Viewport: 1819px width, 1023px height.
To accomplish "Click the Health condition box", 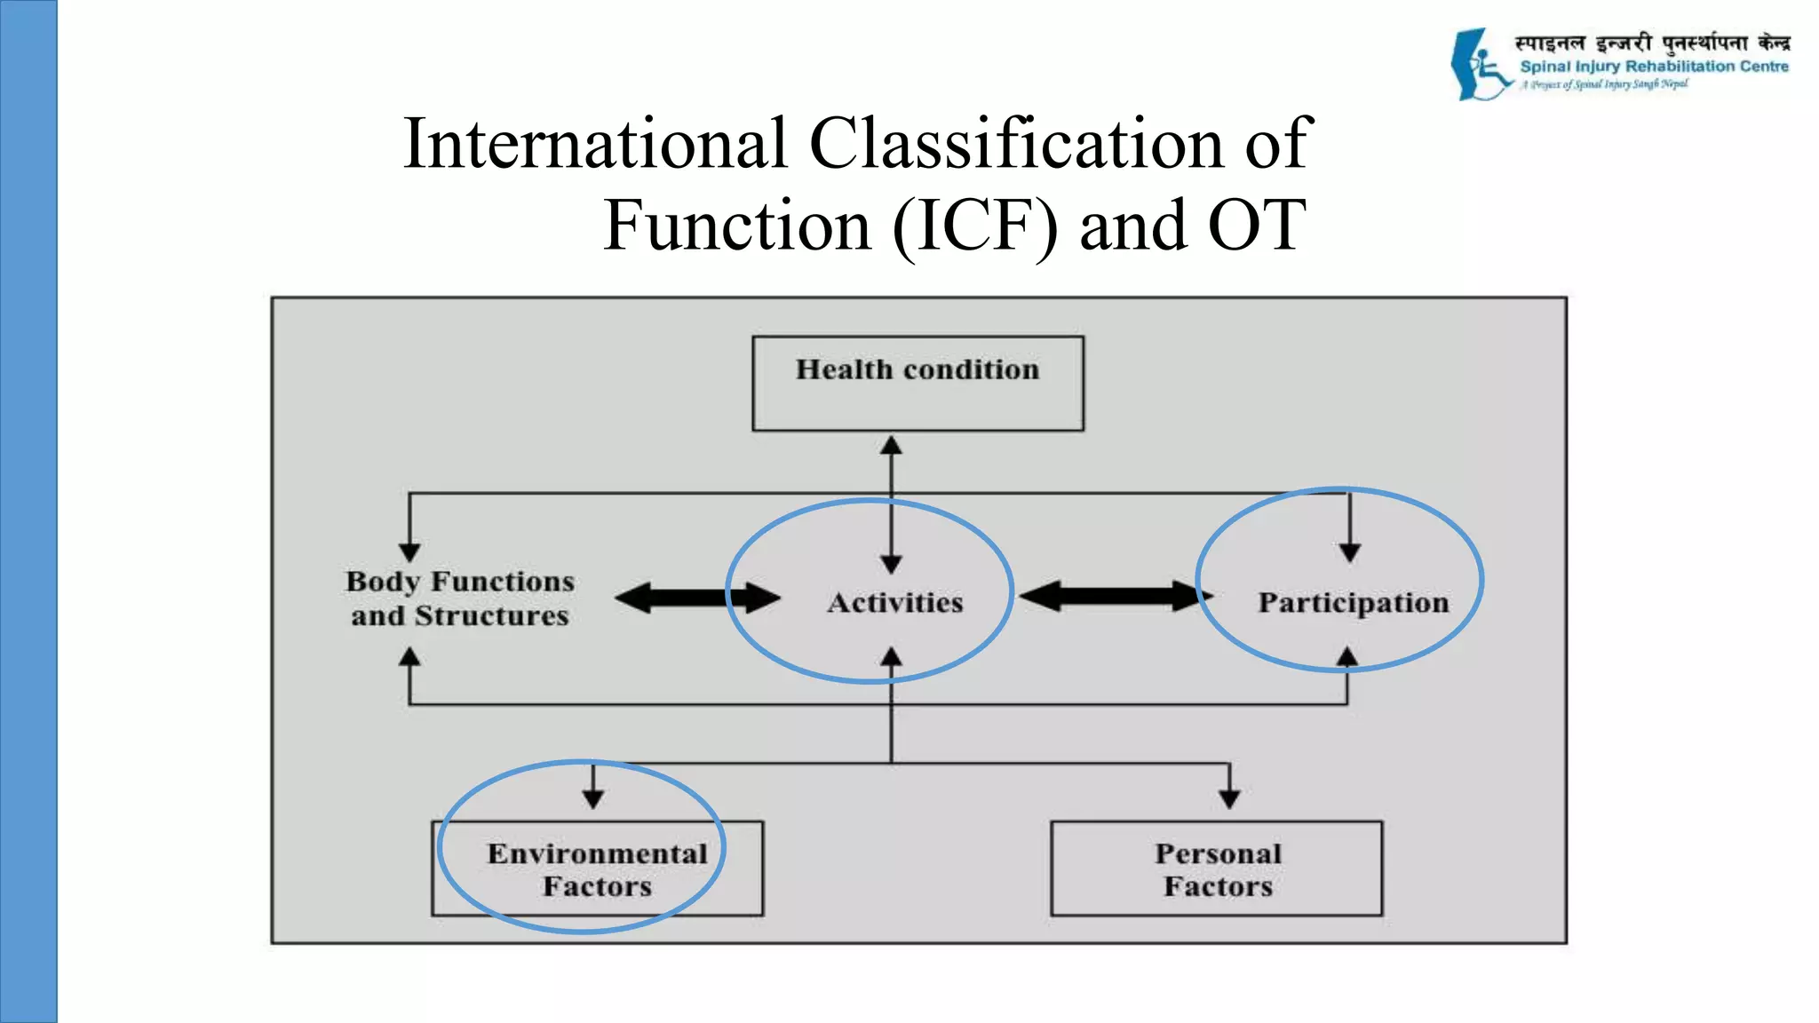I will [x=917, y=383].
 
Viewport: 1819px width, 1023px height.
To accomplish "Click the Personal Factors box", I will [x=1216, y=868].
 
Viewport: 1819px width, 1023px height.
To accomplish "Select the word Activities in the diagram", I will [x=894, y=603].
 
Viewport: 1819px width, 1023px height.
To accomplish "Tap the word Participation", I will [x=1353, y=603].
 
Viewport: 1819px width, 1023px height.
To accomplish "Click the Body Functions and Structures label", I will [x=460, y=598].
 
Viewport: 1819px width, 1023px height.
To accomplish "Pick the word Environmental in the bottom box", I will [x=597, y=853].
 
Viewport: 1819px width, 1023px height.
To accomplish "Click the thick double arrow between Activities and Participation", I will [x=1115, y=596].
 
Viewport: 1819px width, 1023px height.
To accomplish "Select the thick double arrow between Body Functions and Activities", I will [x=697, y=598].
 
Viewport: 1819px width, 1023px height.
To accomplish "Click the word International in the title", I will [x=595, y=144].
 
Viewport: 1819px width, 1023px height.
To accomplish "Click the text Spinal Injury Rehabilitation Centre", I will [x=1654, y=67].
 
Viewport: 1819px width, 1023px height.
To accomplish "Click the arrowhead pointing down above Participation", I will [x=1349, y=552].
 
